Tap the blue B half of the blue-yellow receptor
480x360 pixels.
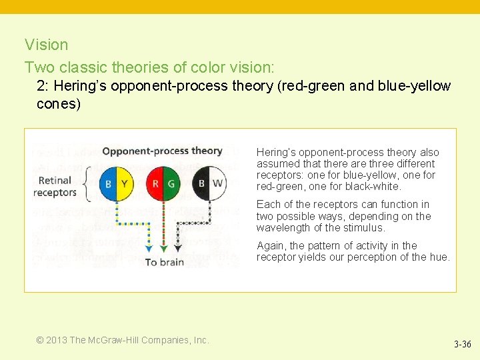109,184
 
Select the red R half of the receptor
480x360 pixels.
155,184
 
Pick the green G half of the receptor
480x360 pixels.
171,184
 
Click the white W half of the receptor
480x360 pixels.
218,183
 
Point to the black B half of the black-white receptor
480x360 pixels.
201,183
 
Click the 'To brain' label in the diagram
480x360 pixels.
165,262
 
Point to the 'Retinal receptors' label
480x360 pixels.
56,187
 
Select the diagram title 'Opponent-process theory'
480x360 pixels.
161,151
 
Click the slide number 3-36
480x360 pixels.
462,345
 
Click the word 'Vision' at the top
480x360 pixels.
47,45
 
